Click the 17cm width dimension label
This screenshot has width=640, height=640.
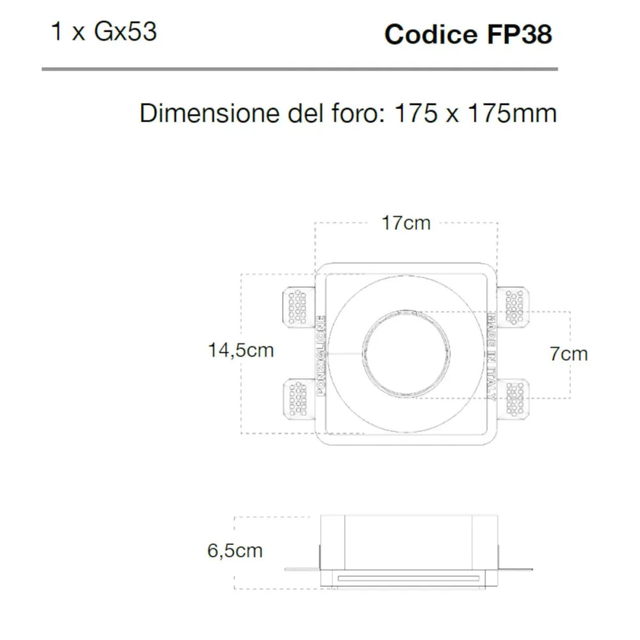coord(406,223)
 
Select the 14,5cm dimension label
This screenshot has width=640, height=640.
coord(241,350)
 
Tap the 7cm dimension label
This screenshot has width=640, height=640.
coord(568,353)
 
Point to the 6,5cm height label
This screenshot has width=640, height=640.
coord(235,550)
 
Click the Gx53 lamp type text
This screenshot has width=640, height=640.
coord(125,32)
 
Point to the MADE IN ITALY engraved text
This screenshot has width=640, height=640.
coord(492,355)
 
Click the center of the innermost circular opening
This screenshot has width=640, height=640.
coord(406,353)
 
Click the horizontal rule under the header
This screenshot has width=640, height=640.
coord(300,68)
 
